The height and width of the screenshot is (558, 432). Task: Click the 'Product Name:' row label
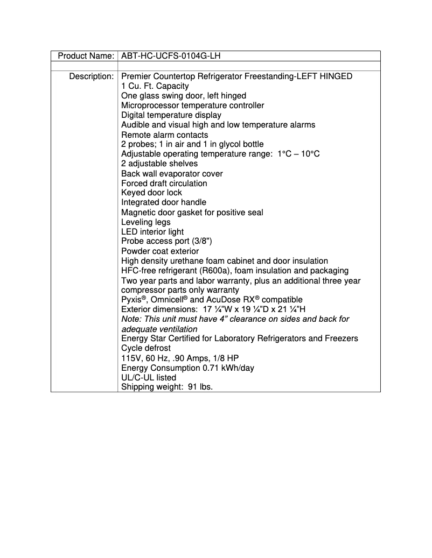point(86,56)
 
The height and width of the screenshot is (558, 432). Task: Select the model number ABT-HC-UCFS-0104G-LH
point(171,56)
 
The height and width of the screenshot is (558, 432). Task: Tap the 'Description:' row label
point(91,76)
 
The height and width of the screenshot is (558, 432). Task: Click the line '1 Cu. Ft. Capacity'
point(155,86)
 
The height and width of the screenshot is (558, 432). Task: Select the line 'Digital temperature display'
point(171,115)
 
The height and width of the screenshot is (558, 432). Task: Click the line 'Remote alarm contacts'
point(164,135)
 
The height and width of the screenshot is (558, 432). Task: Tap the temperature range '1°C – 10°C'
point(300,154)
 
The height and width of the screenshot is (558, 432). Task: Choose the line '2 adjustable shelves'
point(159,164)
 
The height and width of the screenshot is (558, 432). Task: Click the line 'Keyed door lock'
point(151,193)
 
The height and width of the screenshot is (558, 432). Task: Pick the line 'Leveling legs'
point(145,222)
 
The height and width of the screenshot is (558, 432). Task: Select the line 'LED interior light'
point(152,232)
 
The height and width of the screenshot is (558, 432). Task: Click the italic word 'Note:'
point(131,319)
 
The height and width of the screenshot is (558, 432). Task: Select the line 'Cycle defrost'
point(146,348)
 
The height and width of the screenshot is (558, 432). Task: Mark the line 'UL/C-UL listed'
point(149,378)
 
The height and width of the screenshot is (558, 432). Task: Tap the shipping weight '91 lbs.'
point(199,387)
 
